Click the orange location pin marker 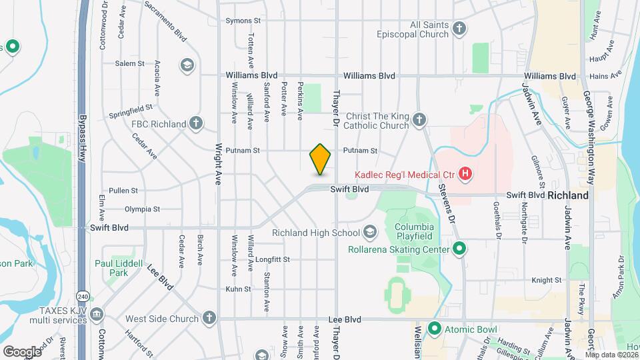tap(320, 159)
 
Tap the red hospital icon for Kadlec tap(466, 175)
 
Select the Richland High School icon tap(369, 233)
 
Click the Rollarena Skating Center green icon tap(459, 249)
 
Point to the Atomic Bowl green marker tap(435, 329)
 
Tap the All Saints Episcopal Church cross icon tap(459, 29)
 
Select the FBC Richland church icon tap(195, 123)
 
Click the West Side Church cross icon tap(209, 319)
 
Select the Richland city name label tap(568, 196)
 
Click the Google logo tap(23, 351)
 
